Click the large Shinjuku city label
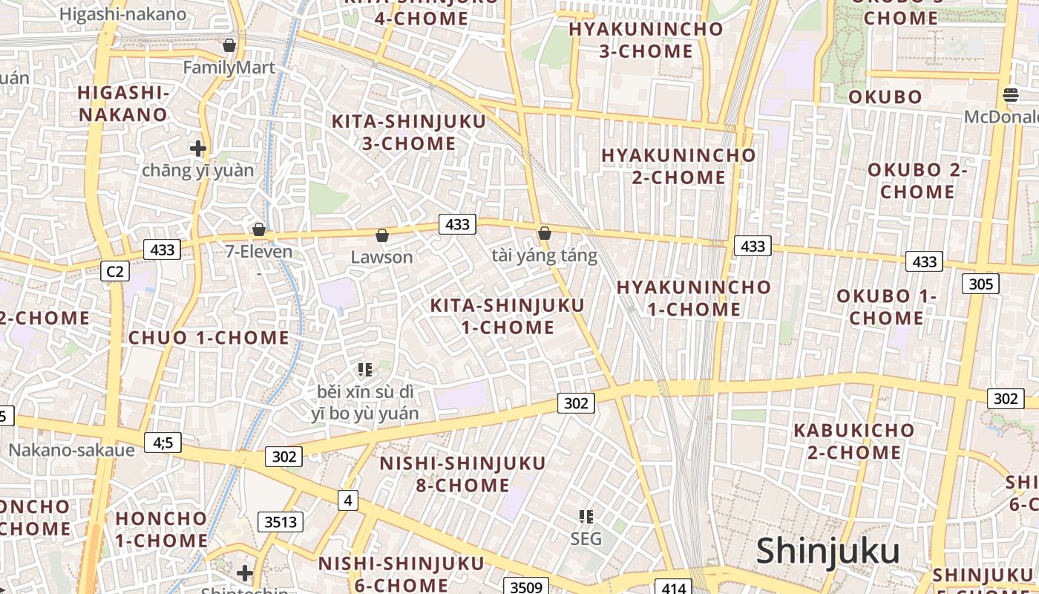[827, 552]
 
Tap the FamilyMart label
[229, 68]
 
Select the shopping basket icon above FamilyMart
[229, 46]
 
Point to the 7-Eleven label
[259, 252]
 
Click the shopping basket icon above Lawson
[382, 235]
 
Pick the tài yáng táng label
[544, 256]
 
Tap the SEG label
[586, 538]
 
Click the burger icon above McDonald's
[1011, 94]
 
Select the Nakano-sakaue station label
[71, 450]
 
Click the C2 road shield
[114, 271]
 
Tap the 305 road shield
[980, 284]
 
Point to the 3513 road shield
[281, 522]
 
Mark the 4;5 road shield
[163, 443]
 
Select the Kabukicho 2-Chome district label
[853, 441]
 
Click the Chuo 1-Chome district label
[209, 338]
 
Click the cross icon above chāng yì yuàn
[197, 148]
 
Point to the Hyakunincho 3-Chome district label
[646, 40]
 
